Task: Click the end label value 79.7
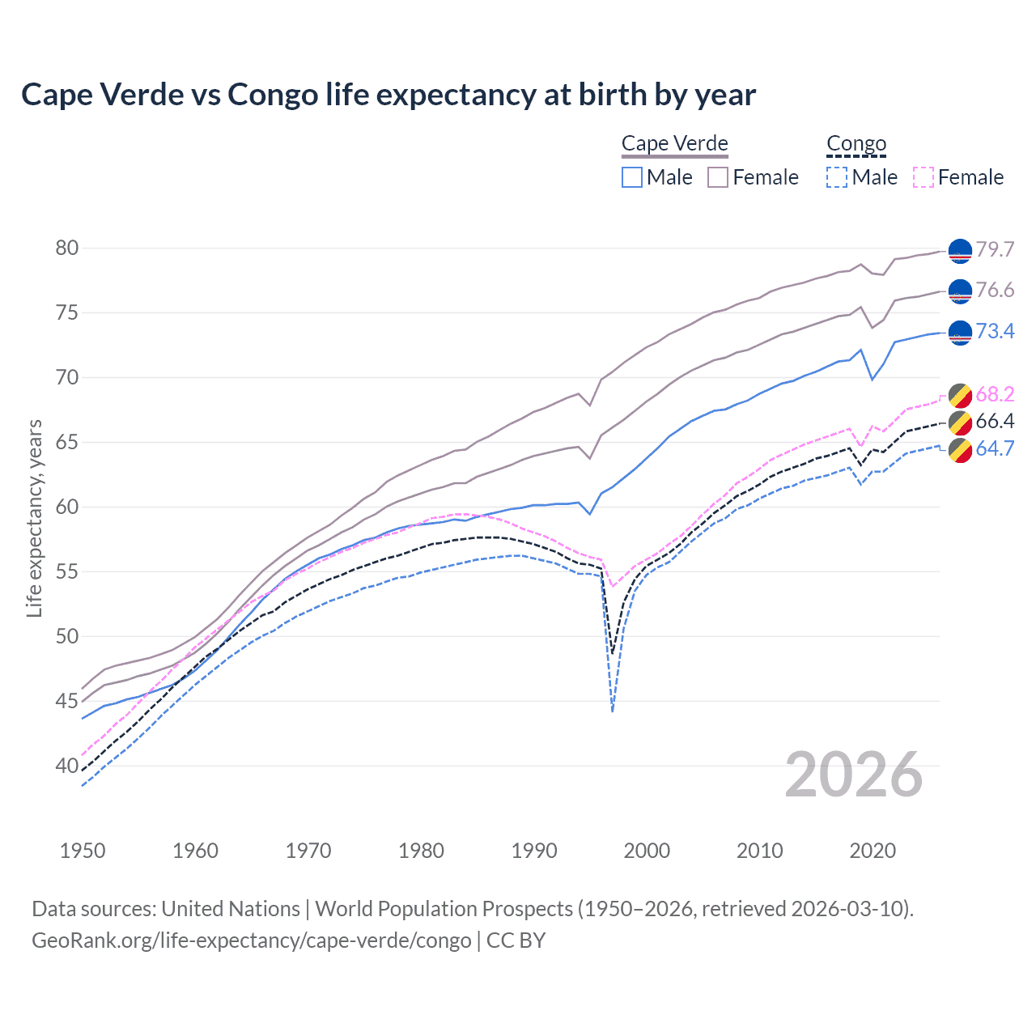995,249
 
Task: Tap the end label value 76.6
995,291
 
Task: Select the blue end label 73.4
995,331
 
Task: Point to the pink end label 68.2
995,394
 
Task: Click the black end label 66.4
995,421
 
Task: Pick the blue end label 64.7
995,448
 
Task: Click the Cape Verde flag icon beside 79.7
960,251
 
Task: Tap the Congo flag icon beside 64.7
960,450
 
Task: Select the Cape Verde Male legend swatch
632,177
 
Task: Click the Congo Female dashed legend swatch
923,177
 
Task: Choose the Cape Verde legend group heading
675,144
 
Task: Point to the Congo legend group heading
856,144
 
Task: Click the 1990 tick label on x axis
534,851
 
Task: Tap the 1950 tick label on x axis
83,851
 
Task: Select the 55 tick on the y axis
67,571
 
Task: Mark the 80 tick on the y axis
67,248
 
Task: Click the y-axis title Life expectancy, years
34,518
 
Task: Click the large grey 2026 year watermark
854,775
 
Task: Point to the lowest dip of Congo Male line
613,711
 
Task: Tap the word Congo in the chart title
273,95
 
